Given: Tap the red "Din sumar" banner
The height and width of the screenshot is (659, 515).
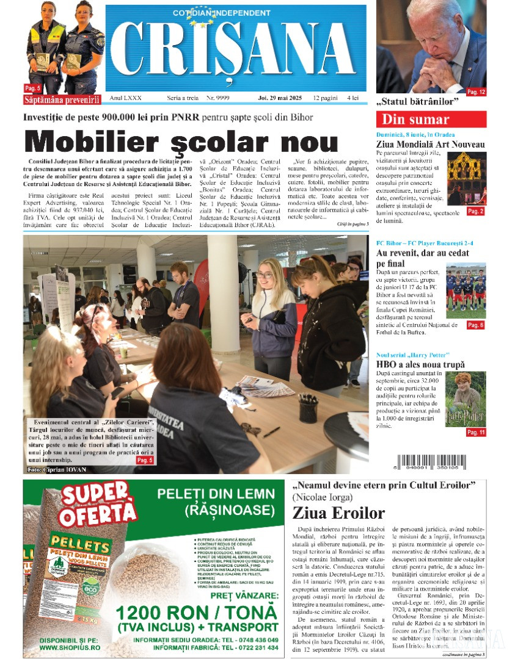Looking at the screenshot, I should [431, 120].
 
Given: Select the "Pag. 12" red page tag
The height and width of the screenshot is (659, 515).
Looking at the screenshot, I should [476, 92].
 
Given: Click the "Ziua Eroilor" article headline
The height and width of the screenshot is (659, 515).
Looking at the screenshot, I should [338, 513].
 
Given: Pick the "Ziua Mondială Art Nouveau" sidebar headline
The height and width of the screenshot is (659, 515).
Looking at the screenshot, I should [431, 145].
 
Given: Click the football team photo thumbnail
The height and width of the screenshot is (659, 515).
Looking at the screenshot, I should [466, 291].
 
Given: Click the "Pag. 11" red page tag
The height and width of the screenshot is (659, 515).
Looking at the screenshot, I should [475, 432].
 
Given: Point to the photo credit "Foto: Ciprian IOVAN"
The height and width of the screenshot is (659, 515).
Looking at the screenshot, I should [57, 469].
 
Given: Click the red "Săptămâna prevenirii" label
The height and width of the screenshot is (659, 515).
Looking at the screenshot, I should [61, 99].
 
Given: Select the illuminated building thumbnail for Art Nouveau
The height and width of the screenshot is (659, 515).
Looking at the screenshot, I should [466, 179].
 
